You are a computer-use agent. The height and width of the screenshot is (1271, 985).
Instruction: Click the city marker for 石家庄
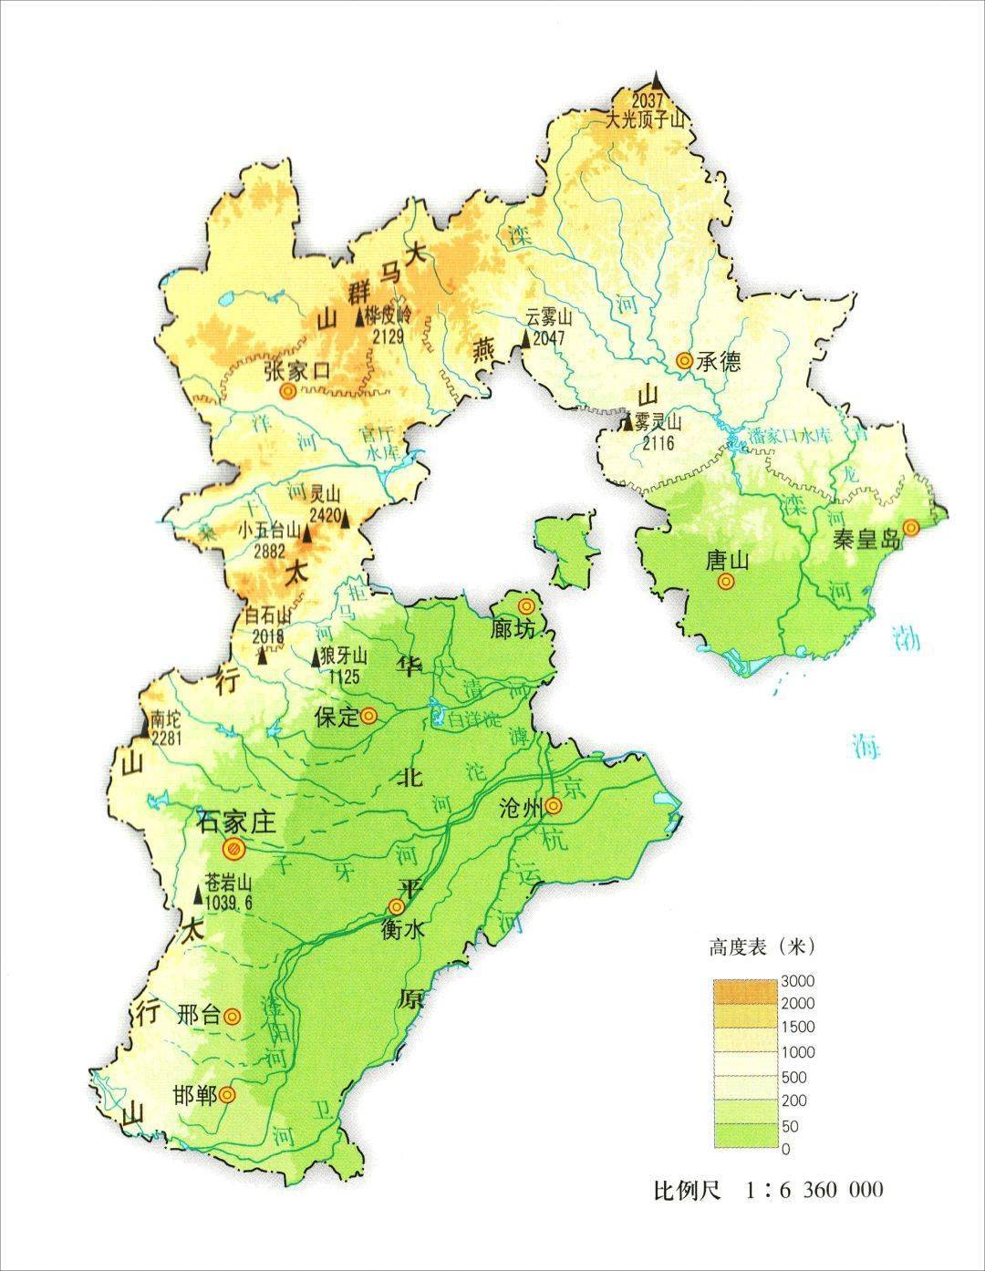tap(234, 849)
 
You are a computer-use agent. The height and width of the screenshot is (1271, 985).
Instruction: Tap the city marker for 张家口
tap(288, 391)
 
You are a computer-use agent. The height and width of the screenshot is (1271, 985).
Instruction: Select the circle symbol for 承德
tap(683, 361)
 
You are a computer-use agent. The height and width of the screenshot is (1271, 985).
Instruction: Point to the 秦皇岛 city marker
tap(910, 528)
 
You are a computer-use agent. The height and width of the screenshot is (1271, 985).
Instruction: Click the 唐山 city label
tap(725, 559)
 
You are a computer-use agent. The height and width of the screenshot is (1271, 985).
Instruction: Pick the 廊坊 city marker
tap(526, 606)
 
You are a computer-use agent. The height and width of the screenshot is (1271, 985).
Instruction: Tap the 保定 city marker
tap(368, 716)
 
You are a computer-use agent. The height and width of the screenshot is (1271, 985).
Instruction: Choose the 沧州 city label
tap(522, 808)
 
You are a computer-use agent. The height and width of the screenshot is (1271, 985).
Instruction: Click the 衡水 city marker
tap(396, 906)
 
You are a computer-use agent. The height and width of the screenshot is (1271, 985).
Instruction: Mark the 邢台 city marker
tap(233, 1016)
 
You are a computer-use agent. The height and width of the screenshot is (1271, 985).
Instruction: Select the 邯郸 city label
tap(195, 1095)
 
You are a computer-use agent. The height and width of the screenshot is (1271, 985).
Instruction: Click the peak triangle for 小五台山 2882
tap(307, 535)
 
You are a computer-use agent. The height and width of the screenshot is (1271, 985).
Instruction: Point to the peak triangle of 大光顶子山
tap(656, 80)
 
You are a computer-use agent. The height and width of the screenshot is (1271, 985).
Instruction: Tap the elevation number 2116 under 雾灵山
tap(658, 443)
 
